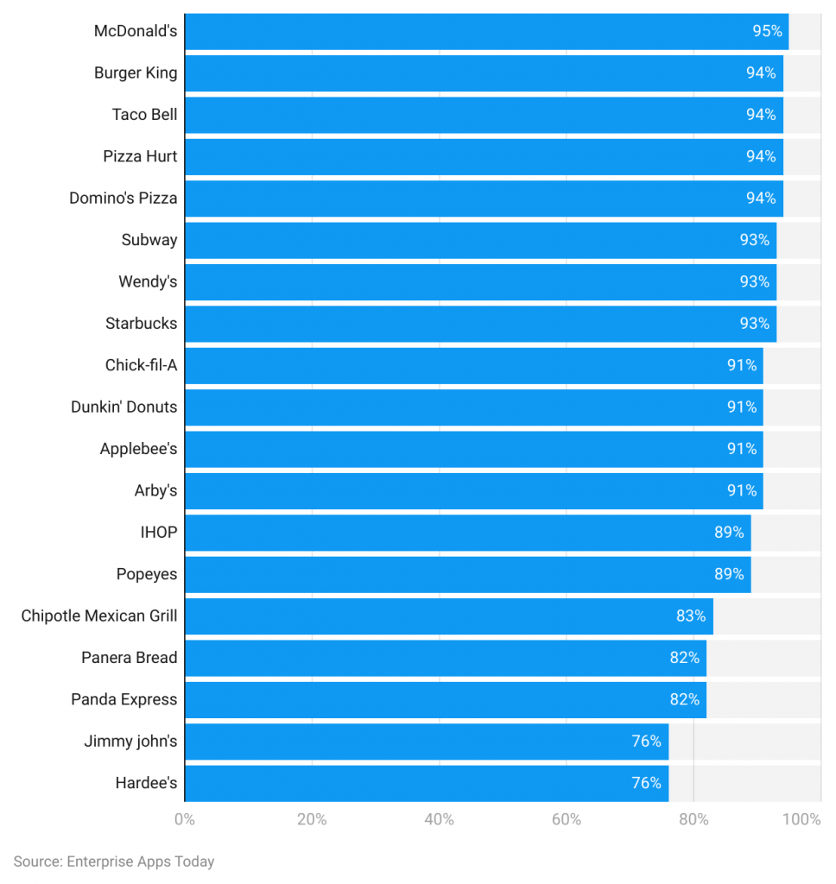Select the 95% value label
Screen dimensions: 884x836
click(x=767, y=31)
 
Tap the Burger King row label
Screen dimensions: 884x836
click(x=136, y=73)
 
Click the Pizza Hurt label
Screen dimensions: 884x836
click(x=140, y=156)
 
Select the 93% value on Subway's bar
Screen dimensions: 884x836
click(x=754, y=240)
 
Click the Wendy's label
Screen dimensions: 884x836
click(x=148, y=281)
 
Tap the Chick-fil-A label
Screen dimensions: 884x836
click(x=141, y=365)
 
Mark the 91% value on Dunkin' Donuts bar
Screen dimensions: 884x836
click(x=741, y=407)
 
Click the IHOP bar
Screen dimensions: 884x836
click(x=466, y=532)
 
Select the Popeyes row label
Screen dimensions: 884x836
click(x=147, y=574)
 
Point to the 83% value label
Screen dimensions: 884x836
click(x=691, y=616)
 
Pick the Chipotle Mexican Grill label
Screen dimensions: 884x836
click(x=99, y=616)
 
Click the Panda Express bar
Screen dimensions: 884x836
click(x=445, y=699)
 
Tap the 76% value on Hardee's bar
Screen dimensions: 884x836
click(x=646, y=783)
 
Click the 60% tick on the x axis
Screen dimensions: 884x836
click(x=567, y=819)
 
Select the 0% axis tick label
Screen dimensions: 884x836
click(x=185, y=819)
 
